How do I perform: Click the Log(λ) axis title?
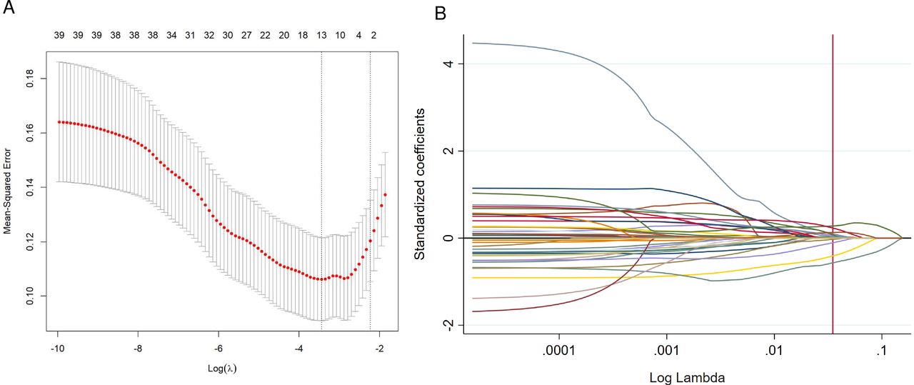tap(219, 368)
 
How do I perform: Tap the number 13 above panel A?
tap(321, 34)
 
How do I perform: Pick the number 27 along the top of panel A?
tap(246, 34)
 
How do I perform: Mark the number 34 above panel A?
tap(171, 34)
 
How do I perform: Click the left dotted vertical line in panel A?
tap(321, 179)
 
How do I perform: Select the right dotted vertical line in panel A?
tap(370, 179)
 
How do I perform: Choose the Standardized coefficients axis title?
tap(421, 184)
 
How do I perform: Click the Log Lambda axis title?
tap(685, 376)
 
